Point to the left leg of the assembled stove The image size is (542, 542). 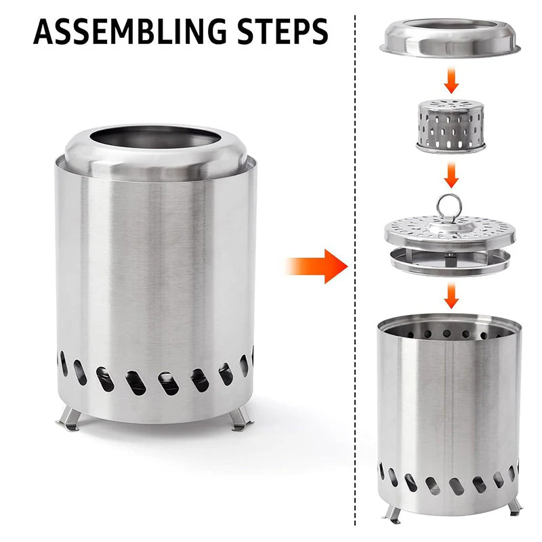click(69, 421)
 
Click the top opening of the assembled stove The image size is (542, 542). click(155, 140)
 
